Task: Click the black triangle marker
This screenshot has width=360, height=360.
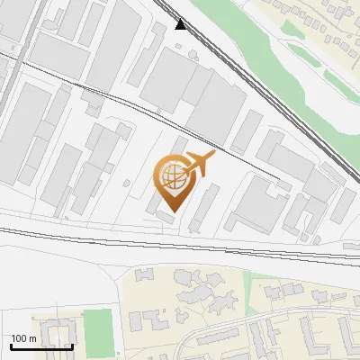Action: (x=182, y=24)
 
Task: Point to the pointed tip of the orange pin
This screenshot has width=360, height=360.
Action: (x=173, y=211)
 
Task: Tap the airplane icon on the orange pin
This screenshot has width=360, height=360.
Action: (x=199, y=163)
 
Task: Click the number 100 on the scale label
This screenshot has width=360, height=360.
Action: (x=19, y=338)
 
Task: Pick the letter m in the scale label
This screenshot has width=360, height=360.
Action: (x=32, y=338)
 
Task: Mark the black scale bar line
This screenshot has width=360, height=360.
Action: (x=41, y=346)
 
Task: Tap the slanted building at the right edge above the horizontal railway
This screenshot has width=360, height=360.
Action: (x=344, y=205)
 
